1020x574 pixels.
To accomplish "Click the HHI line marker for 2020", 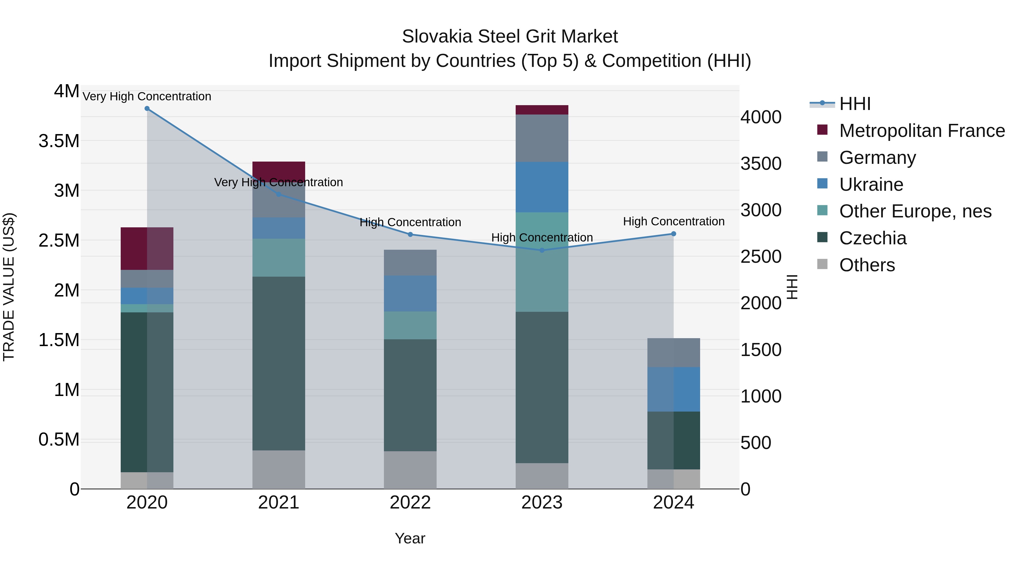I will (x=147, y=109).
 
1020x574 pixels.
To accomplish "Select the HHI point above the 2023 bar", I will (x=542, y=250).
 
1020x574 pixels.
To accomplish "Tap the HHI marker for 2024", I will (x=673, y=234).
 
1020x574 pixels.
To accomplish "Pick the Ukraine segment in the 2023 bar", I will (x=542, y=187).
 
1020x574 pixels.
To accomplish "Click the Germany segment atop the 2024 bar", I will (x=673, y=353).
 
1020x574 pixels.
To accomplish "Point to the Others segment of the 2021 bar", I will (x=279, y=469).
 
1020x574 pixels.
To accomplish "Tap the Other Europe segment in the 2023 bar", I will (x=542, y=262).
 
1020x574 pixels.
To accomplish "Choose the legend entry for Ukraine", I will (x=871, y=185).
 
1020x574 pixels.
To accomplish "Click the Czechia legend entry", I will (x=873, y=238).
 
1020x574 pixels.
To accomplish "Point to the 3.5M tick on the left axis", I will (x=59, y=141).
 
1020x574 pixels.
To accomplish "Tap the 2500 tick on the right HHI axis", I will (x=761, y=257).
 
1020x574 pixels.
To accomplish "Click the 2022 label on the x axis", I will (x=410, y=503).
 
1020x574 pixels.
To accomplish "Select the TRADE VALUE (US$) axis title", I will (x=9, y=287).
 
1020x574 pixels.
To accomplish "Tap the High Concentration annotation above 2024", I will (x=673, y=221).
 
